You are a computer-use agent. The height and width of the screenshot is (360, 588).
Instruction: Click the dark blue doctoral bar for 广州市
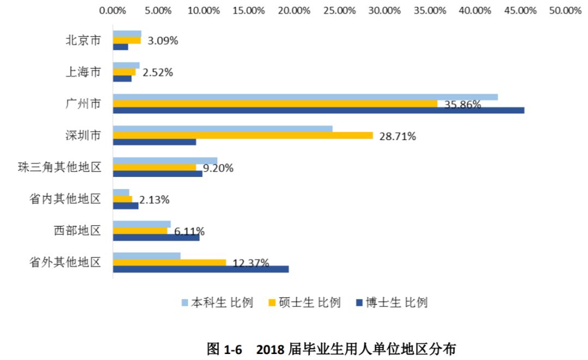point(318,111)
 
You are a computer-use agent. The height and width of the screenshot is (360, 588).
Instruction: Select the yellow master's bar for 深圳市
point(243,136)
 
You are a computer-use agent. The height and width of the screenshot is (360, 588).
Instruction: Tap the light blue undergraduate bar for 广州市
point(305,97)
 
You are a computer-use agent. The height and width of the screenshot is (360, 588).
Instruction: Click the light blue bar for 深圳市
point(223,129)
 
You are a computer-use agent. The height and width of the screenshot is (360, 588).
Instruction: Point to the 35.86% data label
point(462,105)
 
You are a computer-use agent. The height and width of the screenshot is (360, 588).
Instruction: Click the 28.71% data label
point(397,137)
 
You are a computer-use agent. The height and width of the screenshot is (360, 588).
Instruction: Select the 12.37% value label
point(250,263)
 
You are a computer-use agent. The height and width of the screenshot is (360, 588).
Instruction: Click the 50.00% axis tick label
point(566,10)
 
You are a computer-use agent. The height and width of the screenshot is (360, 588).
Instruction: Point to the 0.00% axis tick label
point(114,10)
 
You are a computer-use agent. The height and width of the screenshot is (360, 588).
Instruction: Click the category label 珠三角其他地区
point(59,167)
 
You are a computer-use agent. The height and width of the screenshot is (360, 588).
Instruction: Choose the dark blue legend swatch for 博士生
point(358,303)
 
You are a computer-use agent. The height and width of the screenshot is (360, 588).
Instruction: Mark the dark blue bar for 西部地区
point(156,237)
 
